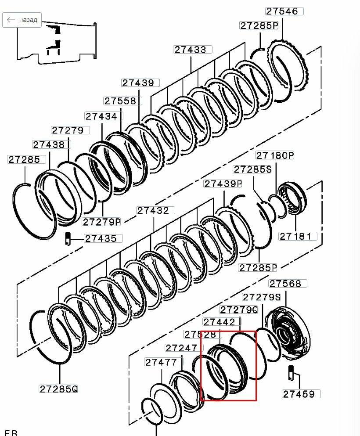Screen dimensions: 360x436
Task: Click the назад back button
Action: click(x=22, y=20)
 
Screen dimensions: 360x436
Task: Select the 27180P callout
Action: click(x=275, y=155)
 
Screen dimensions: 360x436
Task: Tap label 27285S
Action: click(x=252, y=169)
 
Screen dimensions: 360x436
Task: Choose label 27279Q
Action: click(x=239, y=310)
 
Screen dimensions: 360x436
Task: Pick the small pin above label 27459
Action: click(x=291, y=373)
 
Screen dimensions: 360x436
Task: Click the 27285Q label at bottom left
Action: click(x=58, y=389)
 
